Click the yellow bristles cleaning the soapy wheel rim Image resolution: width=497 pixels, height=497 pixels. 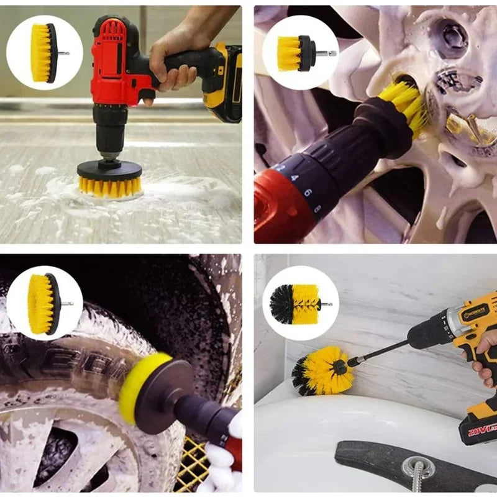click(x=404, y=106)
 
